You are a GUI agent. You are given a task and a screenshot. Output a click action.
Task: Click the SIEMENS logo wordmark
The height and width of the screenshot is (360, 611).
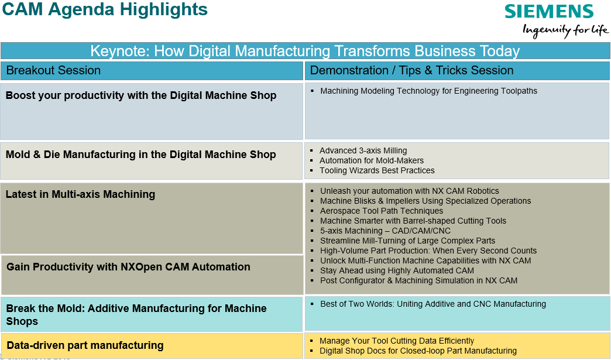click(549, 12)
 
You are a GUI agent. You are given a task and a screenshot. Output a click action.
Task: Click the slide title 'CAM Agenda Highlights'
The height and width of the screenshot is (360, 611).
click(105, 9)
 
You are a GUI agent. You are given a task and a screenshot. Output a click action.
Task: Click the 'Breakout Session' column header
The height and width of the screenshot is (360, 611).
click(53, 70)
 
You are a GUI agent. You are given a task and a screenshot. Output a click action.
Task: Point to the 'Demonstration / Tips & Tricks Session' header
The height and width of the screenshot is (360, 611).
click(411, 70)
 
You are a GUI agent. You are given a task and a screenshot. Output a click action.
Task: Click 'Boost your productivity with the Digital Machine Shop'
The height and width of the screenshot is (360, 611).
click(141, 95)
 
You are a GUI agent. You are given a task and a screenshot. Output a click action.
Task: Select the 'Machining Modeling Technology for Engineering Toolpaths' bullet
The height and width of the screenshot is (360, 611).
click(428, 91)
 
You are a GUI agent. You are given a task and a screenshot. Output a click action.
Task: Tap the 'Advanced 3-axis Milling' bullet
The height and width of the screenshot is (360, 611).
click(363, 151)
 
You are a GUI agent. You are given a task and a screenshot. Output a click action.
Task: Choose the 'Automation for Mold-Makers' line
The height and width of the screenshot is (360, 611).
click(372, 160)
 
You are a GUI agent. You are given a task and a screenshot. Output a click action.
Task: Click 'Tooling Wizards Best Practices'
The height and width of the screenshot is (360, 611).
click(377, 171)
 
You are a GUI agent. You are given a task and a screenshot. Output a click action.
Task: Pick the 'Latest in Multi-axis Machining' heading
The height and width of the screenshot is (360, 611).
click(80, 194)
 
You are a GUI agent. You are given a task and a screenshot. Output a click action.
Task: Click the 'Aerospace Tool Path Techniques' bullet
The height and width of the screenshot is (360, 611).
click(382, 211)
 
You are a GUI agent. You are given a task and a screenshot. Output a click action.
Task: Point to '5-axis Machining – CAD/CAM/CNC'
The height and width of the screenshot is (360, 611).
click(385, 231)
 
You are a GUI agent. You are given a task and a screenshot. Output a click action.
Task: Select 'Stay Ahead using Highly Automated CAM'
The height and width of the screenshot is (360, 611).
click(397, 271)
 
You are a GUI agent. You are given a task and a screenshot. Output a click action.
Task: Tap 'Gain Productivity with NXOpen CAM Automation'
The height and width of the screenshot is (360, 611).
click(129, 267)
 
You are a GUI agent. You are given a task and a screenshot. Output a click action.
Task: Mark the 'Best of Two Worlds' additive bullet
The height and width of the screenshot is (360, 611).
click(433, 304)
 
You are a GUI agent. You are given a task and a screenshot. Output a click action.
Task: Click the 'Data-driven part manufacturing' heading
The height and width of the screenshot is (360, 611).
click(85, 345)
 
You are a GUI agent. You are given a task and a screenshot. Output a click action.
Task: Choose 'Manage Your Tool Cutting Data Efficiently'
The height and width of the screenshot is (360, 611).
click(397, 341)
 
